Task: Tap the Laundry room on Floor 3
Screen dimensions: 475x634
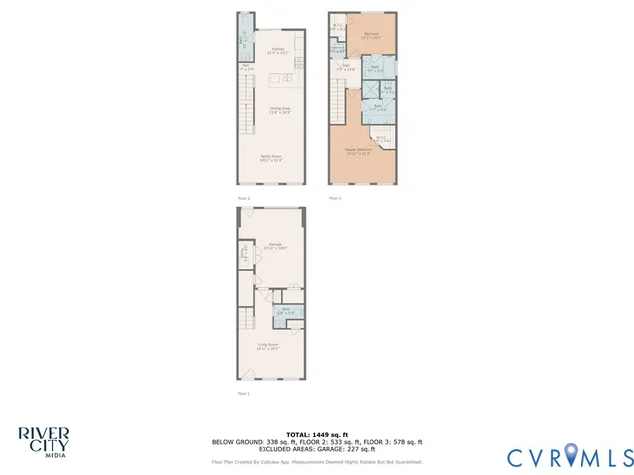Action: point(338,49)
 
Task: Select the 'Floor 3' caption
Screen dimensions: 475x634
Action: point(335,199)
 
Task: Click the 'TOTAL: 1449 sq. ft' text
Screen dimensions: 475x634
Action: point(315,434)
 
